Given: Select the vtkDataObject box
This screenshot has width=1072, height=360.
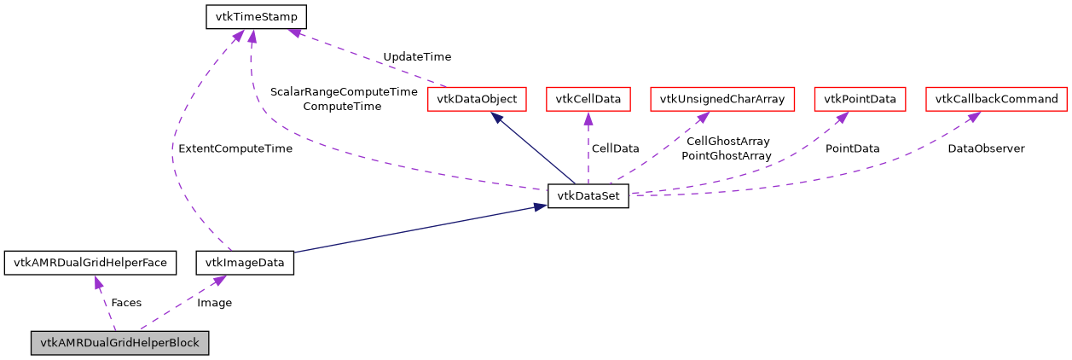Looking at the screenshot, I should point(477,99).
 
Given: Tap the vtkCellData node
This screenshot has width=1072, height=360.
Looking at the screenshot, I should point(588,99).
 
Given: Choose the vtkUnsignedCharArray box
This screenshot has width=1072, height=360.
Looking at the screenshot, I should point(722,99).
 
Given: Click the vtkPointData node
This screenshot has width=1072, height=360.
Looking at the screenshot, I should point(860,99).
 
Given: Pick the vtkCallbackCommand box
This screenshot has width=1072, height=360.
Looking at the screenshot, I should point(996,99).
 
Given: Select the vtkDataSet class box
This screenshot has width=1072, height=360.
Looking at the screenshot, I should point(588,196).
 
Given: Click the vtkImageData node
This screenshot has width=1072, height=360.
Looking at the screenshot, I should point(245,262).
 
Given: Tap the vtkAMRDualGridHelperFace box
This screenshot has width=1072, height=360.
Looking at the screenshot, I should point(90,262).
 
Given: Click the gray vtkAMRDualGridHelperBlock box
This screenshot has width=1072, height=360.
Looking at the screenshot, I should point(120,343).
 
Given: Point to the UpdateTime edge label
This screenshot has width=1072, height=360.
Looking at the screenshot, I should point(417,56).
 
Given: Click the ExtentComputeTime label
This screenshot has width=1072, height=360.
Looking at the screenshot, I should point(235,148).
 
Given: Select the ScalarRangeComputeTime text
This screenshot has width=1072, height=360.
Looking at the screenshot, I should point(344,91).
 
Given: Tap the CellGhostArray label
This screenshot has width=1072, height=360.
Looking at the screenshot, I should point(727,141).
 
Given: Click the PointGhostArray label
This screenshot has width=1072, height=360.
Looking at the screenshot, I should point(727,156).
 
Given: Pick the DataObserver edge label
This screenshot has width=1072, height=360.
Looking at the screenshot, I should point(986,148).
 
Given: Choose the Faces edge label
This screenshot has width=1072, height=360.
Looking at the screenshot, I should point(126,302).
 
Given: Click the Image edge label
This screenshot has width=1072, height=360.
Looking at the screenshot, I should point(214,302).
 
